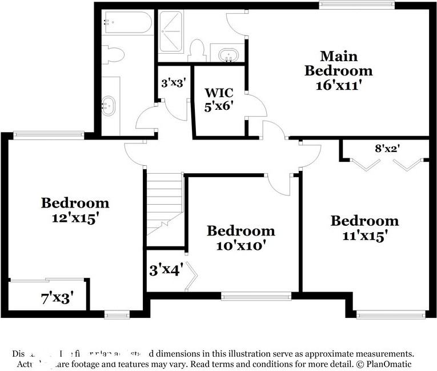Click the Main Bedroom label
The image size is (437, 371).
[x=338, y=63]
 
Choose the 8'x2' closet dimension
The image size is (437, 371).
[x=387, y=148]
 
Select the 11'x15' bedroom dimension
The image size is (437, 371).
[x=364, y=235]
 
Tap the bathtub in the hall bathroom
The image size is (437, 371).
[x=127, y=23]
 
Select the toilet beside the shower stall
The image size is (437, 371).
[x=197, y=50]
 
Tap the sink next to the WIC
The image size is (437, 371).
[x=229, y=55]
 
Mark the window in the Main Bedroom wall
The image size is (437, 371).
[x=356, y=5]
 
